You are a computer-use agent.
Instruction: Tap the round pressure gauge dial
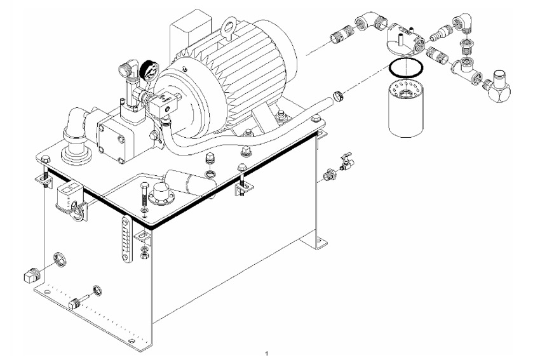pos(149,70)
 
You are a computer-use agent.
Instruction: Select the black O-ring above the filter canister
pos(405,67)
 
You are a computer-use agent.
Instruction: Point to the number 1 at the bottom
pos(266,353)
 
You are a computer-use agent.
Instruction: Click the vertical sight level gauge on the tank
pos(126,239)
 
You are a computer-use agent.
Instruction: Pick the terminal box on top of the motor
pos(190,27)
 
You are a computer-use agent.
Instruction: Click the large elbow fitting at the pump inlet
pos(76,128)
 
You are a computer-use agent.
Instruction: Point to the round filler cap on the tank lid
pos(162,194)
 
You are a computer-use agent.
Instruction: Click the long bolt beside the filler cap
pos(144,194)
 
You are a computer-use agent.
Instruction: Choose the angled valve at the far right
pos(498,87)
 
